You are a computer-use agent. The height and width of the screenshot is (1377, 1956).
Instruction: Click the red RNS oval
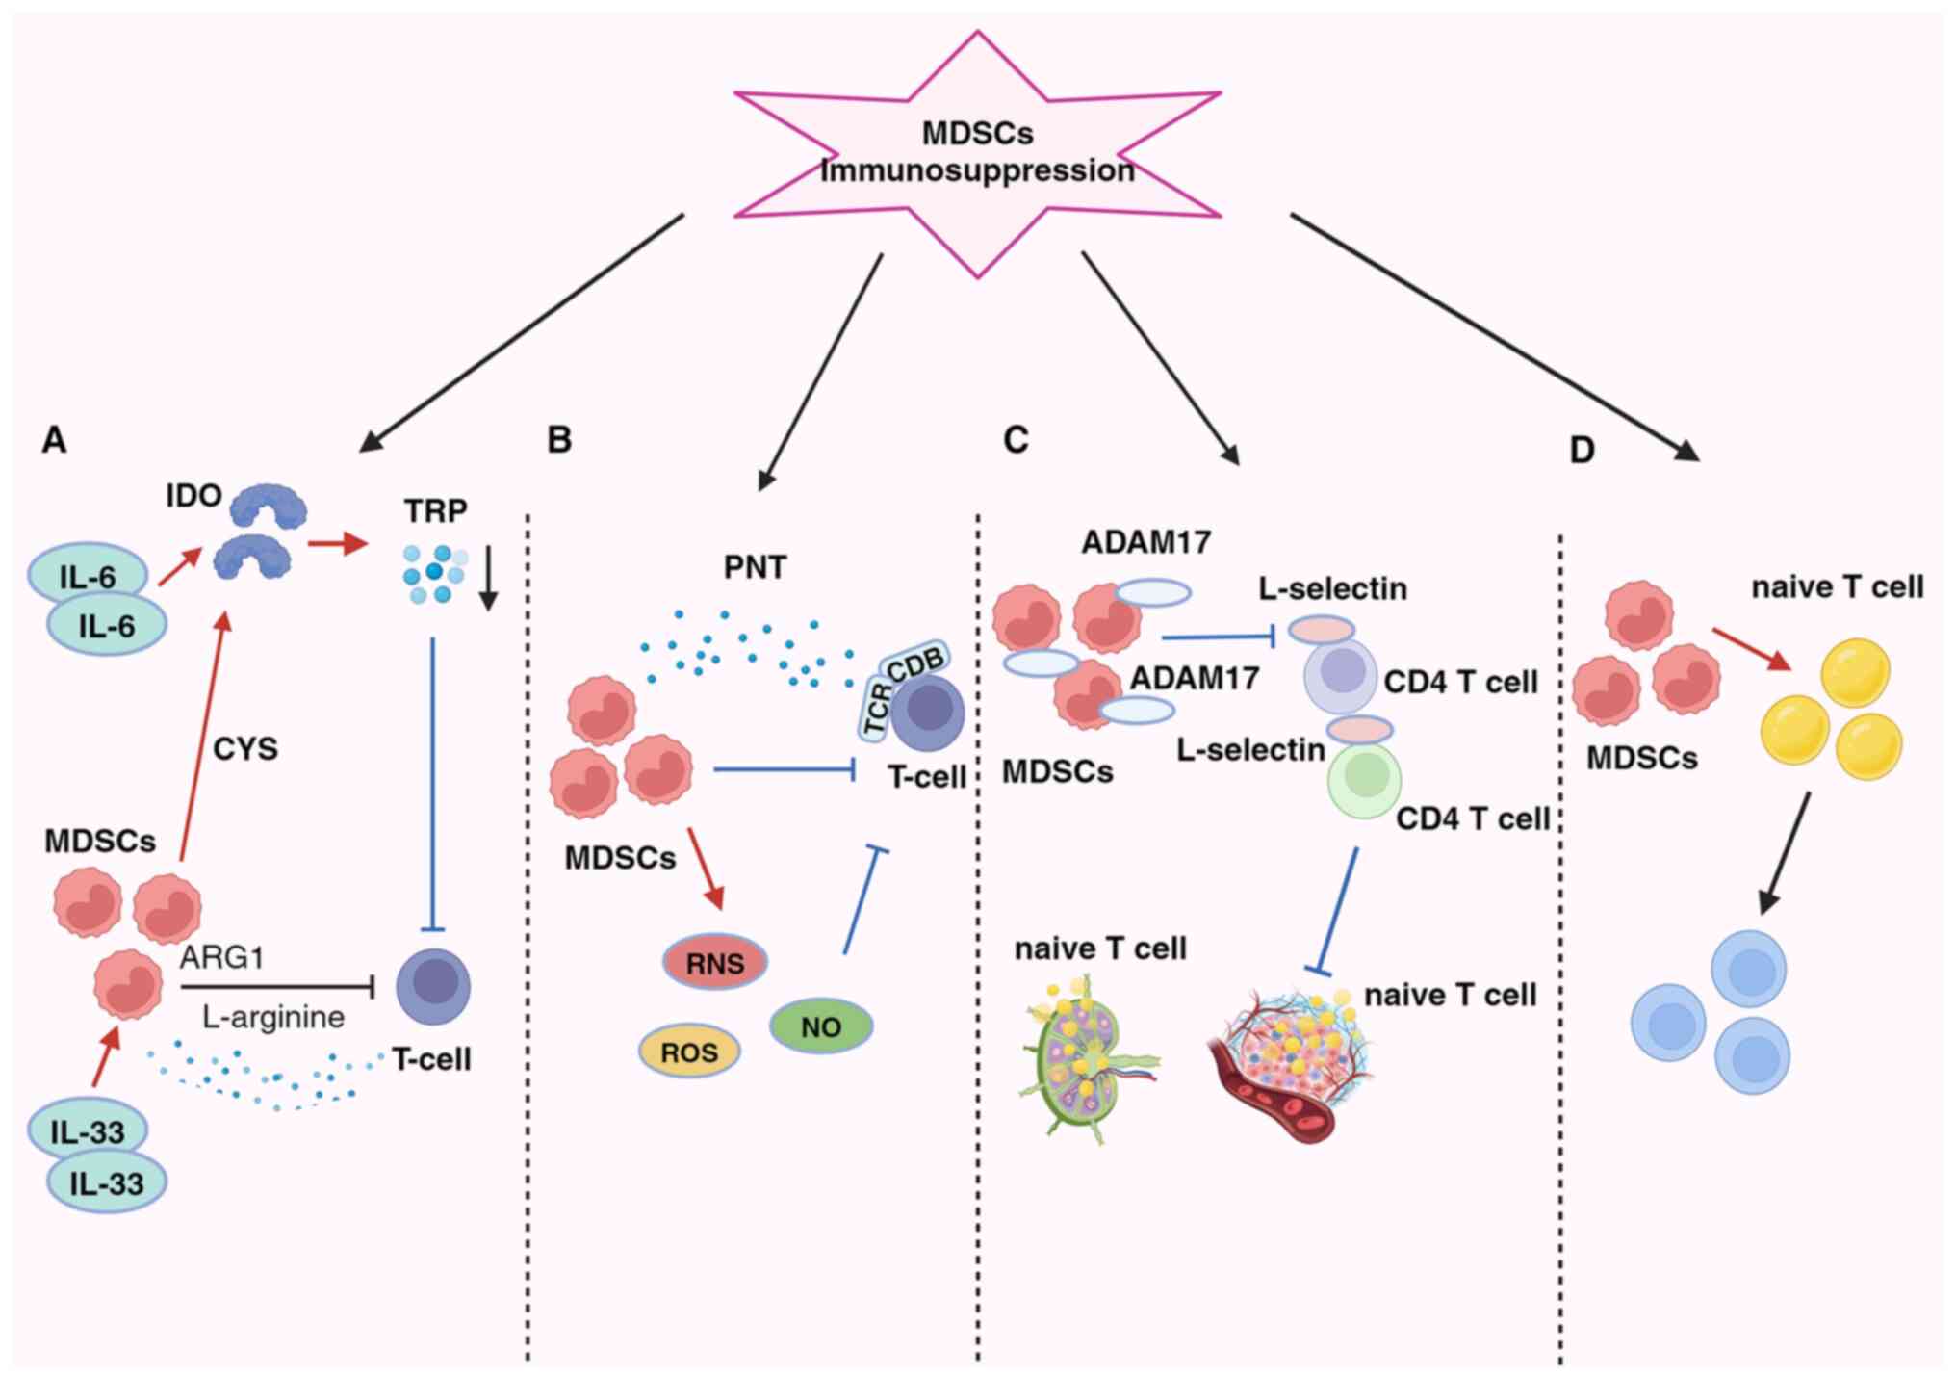[715, 962]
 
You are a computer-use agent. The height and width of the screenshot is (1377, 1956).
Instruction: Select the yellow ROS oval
[689, 1052]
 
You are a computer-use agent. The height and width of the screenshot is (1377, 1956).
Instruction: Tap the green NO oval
[821, 1026]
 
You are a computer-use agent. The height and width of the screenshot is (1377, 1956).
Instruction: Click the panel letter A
[54, 440]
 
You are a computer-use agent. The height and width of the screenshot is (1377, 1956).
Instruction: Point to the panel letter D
[1582, 450]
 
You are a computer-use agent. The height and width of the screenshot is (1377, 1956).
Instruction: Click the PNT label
[755, 567]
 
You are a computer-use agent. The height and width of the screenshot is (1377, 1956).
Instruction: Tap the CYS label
[244, 748]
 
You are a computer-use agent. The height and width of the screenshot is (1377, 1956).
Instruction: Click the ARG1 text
[221, 957]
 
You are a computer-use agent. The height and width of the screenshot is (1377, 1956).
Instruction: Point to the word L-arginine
[273, 1017]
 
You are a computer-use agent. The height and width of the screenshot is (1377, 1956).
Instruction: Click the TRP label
[435, 510]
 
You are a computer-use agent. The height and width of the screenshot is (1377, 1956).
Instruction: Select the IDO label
[193, 496]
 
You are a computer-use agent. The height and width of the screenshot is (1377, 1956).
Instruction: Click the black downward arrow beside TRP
[488, 578]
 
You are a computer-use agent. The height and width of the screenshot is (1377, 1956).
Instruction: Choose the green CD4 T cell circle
[1364, 780]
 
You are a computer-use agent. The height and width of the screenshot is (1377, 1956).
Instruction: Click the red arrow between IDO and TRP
[337, 544]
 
